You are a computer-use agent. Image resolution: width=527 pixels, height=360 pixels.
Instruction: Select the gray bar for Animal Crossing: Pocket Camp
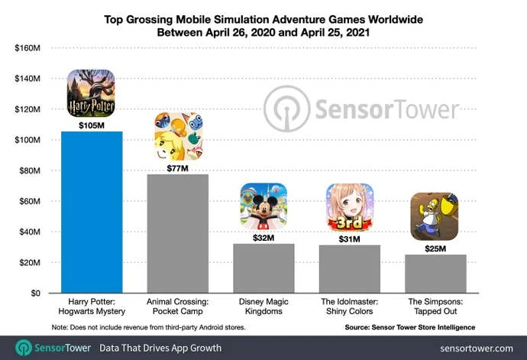point(177,233)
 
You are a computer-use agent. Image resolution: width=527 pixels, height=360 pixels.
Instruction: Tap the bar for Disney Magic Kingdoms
point(263,268)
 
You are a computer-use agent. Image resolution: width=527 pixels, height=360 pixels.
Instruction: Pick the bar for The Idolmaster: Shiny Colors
point(349,268)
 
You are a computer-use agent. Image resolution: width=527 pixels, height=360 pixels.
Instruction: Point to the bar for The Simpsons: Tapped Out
point(435,273)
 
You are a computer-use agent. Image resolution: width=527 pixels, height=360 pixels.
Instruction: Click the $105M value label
point(92,125)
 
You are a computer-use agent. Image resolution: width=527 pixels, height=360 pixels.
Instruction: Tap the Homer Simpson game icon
point(435,216)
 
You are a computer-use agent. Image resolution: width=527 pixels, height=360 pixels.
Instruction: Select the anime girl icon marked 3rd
point(350,208)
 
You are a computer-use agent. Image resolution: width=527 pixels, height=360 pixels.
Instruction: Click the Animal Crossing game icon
point(177,136)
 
